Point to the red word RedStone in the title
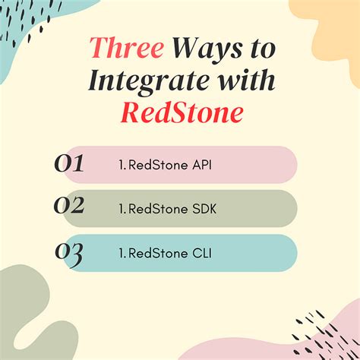(180, 113)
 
